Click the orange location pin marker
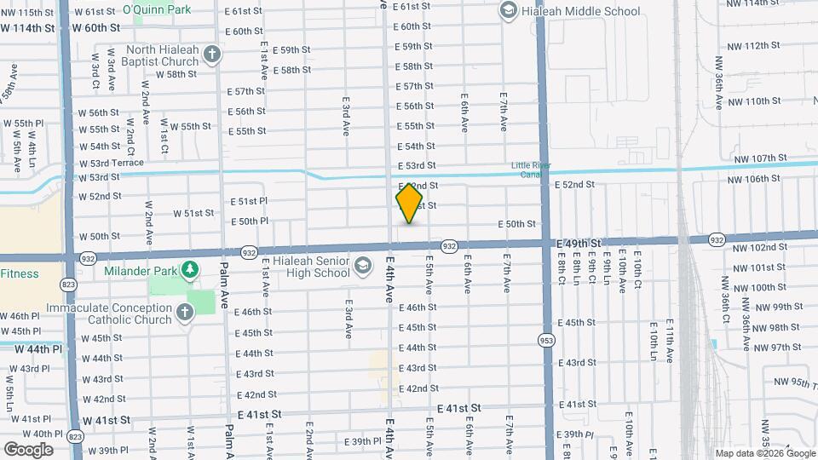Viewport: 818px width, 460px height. [x=410, y=204]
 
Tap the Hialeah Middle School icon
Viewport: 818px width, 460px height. [x=509, y=11]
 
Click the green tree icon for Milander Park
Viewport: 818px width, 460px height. [x=188, y=270]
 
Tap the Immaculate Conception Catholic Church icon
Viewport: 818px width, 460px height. [x=183, y=313]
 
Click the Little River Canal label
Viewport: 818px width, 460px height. [x=532, y=170]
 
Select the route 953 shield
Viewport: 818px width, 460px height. [x=544, y=340]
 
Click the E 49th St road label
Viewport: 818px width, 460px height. [x=579, y=243]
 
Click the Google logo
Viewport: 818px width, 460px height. [x=28, y=449]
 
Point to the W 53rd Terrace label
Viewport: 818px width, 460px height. [x=111, y=163]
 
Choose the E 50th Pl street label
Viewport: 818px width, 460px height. [x=250, y=221]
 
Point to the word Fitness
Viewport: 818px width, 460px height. [x=20, y=274]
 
